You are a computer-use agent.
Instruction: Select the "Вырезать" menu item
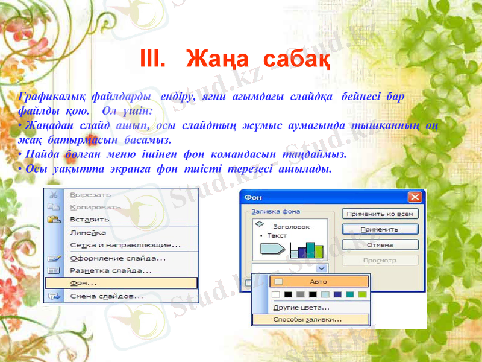90,195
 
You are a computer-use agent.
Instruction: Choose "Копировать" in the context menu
95,207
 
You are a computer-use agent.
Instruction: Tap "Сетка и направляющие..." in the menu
125,245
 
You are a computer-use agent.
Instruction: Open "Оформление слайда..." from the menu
118,258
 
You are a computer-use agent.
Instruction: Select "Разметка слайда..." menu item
111,270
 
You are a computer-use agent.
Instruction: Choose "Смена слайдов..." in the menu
107,296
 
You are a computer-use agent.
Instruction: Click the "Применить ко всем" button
380,214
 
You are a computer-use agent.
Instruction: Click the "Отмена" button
380,245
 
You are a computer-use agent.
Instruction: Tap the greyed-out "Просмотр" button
380,261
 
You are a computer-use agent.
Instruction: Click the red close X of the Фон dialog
415,197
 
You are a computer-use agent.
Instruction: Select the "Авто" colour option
319,281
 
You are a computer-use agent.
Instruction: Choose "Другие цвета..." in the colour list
301,307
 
